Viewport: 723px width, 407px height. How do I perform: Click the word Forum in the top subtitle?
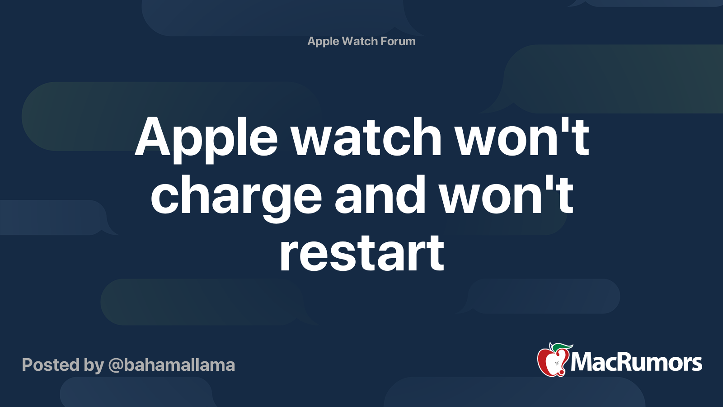click(398, 41)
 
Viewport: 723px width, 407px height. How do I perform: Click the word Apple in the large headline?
click(206, 140)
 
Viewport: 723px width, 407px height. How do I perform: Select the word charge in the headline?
click(236, 198)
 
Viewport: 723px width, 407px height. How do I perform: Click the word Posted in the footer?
click(51, 364)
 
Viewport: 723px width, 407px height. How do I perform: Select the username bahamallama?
click(179, 364)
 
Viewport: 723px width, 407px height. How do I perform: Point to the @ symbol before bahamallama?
click(115, 366)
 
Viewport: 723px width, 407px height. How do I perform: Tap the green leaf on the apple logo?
click(562, 348)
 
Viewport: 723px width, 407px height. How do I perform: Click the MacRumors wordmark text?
click(636, 362)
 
